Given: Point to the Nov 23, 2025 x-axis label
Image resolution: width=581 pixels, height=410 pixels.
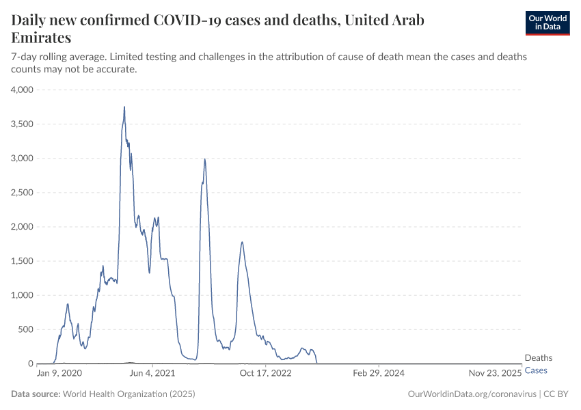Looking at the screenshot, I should [x=496, y=374].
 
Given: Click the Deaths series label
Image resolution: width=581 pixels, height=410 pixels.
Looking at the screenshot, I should [x=539, y=358].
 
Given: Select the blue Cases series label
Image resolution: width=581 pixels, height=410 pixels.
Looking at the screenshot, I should [x=536, y=370].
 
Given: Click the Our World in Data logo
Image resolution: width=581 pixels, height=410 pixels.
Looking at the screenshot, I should [x=547, y=23].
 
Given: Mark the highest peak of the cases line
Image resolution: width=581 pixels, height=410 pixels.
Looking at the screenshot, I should [x=124, y=107].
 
